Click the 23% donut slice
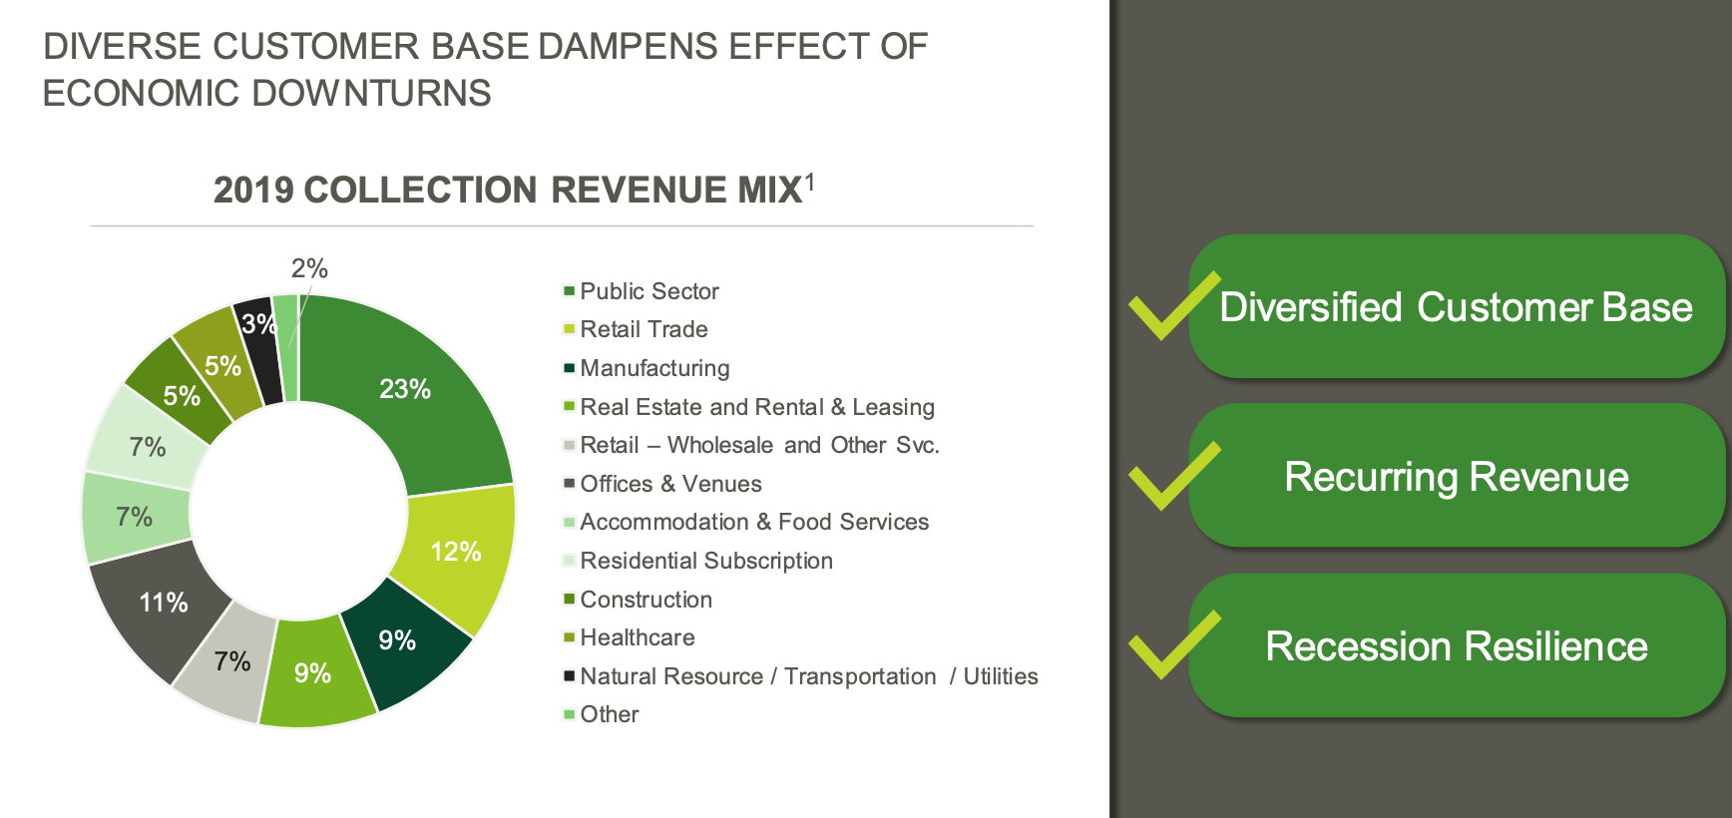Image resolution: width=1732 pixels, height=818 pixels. (x=405, y=389)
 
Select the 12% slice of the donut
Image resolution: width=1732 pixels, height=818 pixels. (x=456, y=552)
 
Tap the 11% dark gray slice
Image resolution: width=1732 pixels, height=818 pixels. (x=164, y=603)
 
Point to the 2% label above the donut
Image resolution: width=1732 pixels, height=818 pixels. (x=309, y=268)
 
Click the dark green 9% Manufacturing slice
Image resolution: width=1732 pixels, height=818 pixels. (x=398, y=640)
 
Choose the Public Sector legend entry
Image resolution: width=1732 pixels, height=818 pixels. (x=649, y=291)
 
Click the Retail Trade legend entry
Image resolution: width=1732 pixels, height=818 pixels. (x=644, y=329)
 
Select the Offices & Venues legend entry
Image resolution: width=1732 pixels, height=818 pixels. (x=670, y=484)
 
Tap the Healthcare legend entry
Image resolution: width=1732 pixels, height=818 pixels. (x=637, y=637)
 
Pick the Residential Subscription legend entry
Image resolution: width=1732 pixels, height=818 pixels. (x=705, y=561)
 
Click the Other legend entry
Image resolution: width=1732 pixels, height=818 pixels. (x=609, y=714)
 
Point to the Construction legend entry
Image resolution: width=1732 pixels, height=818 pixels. (x=646, y=600)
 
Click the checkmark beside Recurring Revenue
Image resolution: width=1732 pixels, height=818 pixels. (x=1173, y=476)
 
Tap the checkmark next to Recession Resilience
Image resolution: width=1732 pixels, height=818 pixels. (x=1173, y=645)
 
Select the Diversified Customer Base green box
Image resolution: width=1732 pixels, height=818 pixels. (x=1456, y=307)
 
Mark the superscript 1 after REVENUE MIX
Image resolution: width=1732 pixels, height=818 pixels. (x=810, y=181)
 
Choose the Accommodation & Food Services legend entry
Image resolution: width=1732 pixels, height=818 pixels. (x=753, y=522)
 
